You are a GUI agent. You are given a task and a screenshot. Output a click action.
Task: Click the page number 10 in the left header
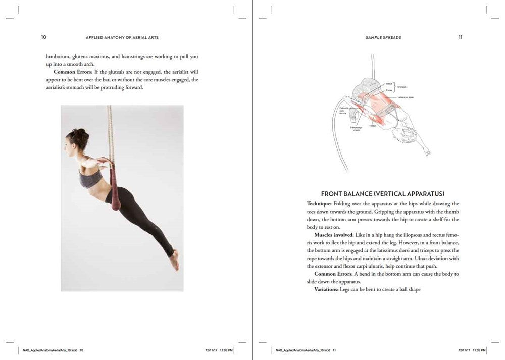pyautogui.click(x=44, y=37)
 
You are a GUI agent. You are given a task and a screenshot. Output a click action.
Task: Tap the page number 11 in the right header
pyautogui.click(x=461, y=37)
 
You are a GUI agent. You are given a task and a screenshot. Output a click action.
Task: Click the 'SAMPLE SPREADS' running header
pyautogui.click(x=383, y=37)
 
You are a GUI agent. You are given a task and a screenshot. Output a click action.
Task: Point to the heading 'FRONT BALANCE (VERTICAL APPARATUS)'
pyautogui.click(x=382, y=194)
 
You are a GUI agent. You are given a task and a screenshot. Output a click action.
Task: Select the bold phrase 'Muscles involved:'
pyautogui.click(x=333, y=235)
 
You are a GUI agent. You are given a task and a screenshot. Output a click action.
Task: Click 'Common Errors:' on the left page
pyautogui.click(x=72, y=72)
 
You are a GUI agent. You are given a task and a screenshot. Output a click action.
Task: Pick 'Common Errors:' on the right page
pyautogui.click(x=333, y=274)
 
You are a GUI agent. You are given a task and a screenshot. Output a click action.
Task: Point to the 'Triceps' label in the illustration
pyautogui.click(x=372, y=126)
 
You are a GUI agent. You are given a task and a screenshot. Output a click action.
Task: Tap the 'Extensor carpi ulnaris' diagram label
pyautogui.click(x=343, y=110)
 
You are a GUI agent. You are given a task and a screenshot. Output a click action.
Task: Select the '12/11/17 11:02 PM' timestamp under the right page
pyautogui.click(x=472, y=350)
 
